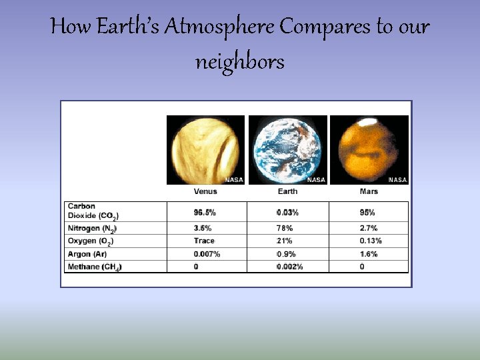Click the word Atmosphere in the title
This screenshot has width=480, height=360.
219,28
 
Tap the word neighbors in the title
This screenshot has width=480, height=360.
240,62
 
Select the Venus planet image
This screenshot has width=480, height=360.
205,149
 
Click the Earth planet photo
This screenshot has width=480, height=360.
288,149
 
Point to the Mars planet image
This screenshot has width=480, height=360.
369,149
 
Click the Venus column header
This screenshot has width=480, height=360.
205,191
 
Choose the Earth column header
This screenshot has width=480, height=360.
287,191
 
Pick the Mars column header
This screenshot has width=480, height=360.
369,191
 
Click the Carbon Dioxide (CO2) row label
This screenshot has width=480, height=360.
94,211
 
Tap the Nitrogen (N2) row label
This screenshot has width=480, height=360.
93,229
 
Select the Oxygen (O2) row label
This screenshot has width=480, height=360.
91,241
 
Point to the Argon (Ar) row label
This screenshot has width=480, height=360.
87,254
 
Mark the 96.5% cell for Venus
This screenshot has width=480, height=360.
205,213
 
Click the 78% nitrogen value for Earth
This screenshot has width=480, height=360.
285,228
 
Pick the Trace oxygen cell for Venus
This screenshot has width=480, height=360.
204,241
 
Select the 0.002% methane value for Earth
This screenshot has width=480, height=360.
290,267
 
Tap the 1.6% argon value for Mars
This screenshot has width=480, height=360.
369,254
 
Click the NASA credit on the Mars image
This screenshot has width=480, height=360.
398,180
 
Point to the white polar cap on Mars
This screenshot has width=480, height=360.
365,123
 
